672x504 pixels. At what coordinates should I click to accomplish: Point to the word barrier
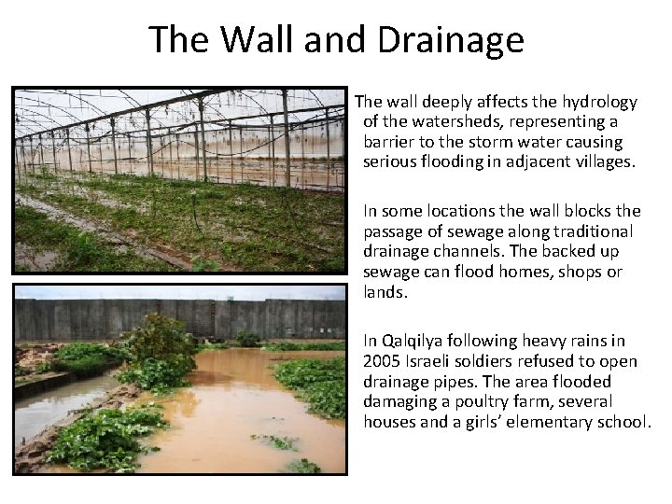(389, 142)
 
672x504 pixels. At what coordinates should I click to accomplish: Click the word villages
(604, 161)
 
